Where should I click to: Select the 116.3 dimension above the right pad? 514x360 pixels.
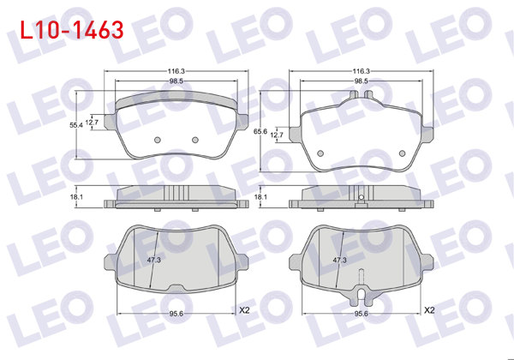(x=362, y=71)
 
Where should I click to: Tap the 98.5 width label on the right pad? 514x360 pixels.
(x=362, y=81)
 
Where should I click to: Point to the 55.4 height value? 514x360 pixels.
(x=76, y=125)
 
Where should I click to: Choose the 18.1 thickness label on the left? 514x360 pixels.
(x=76, y=198)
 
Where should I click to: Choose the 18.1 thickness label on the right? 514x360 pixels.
(x=261, y=198)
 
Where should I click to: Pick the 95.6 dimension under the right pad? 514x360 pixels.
(x=362, y=314)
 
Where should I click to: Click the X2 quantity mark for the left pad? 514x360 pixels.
(x=243, y=309)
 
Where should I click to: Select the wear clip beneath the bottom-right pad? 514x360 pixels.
(x=362, y=296)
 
